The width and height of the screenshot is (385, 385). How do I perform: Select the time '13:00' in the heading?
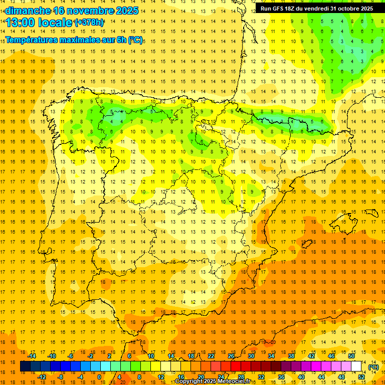tap(21, 23)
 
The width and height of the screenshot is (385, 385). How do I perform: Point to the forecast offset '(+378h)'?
tap(89, 23)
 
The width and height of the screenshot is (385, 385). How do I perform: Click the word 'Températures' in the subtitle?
tap(31, 40)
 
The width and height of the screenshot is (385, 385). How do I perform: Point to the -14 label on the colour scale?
tap(32, 356)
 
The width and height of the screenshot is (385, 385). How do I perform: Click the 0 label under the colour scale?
tap(99, 377)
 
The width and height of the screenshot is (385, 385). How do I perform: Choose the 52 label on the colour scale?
tap(361, 377)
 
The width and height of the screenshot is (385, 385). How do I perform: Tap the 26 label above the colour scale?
tap(231, 356)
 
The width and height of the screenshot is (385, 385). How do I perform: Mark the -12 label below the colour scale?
tap(42, 377)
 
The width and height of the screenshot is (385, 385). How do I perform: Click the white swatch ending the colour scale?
tap(356, 366)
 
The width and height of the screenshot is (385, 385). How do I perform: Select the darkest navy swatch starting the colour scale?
tap(25, 366)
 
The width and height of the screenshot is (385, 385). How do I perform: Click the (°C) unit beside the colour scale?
tap(373, 367)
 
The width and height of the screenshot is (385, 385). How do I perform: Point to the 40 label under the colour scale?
tap(301, 377)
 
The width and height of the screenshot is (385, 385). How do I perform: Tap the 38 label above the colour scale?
tap(291, 356)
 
